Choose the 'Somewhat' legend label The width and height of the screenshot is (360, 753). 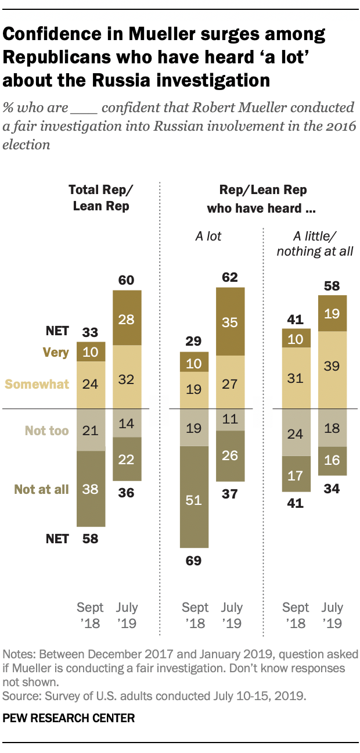point(37,383)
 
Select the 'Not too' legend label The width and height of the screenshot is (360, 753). point(46,431)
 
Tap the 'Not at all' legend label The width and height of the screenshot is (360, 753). point(42,489)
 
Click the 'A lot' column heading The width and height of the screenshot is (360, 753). point(207,236)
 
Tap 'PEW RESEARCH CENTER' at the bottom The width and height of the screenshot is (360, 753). point(69,718)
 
